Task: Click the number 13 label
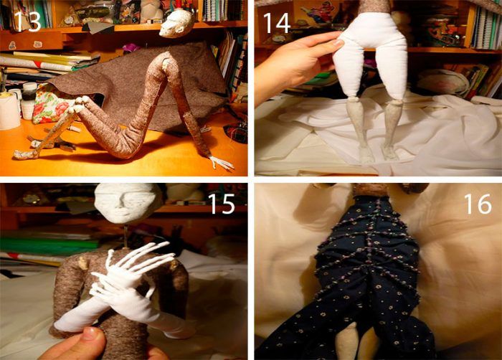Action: tap(27, 21)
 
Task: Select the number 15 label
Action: tap(222, 204)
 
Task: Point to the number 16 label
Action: tap(478, 204)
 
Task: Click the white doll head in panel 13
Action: tap(176, 23)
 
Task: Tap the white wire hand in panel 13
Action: tap(221, 163)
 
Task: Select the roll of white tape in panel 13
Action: tap(9, 111)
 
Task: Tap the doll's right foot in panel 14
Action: tap(366, 154)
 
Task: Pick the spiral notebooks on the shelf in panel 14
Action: tap(486, 28)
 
